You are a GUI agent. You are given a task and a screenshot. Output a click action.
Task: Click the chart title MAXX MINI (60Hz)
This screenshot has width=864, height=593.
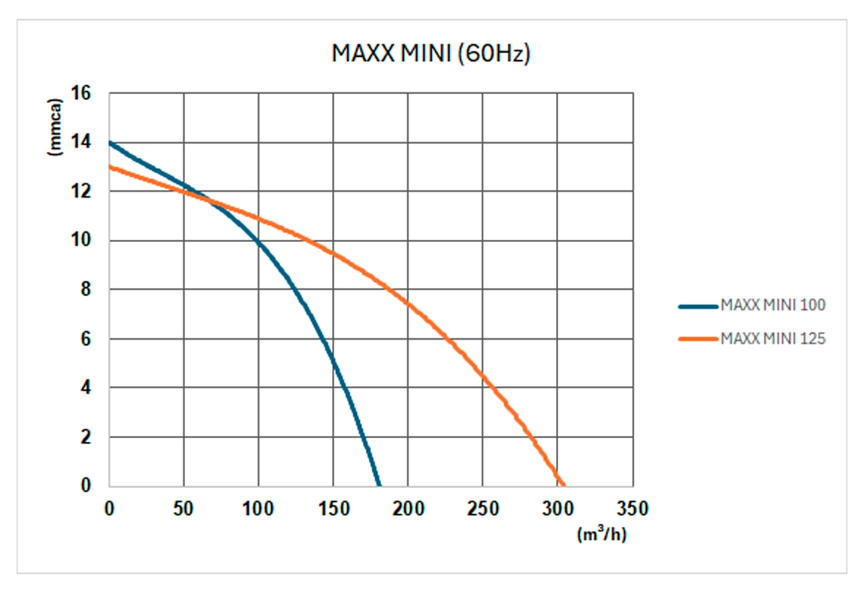(431, 54)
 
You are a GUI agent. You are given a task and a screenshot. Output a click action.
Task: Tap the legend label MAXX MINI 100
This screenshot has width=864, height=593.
(773, 305)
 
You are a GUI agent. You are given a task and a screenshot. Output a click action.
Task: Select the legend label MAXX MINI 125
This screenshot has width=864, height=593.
(773, 339)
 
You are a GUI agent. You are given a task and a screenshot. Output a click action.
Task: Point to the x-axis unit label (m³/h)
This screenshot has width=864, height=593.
(601, 535)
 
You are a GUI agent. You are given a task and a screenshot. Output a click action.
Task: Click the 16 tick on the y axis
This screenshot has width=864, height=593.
(80, 93)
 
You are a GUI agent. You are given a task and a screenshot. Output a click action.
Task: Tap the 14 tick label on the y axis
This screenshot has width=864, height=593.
(80, 142)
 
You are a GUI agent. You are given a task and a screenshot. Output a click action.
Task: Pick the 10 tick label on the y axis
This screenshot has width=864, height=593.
(80, 241)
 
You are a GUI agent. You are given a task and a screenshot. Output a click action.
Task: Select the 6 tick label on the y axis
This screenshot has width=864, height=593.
(85, 339)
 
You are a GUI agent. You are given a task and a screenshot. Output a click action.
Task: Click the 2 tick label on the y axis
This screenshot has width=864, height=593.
(85, 437)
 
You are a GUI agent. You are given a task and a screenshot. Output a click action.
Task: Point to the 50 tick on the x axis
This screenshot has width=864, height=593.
(184, 509)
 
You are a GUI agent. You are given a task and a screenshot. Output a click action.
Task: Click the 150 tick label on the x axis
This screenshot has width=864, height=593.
(334, 509)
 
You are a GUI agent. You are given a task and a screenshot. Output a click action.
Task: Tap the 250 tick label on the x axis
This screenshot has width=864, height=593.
(483, 509)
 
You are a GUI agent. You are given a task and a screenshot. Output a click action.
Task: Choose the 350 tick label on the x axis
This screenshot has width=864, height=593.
(632, 509)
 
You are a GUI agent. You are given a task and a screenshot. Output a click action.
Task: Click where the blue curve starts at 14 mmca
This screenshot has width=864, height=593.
(110, 142)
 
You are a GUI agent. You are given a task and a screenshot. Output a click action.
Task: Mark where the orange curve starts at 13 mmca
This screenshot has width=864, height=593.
(110, 167)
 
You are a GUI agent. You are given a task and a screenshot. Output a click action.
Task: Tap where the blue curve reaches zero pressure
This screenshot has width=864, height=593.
(379, 485)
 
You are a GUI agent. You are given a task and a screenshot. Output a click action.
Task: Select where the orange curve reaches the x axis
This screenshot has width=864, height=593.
(563, 485)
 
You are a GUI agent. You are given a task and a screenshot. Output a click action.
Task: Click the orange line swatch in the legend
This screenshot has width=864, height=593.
(698, 339)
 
